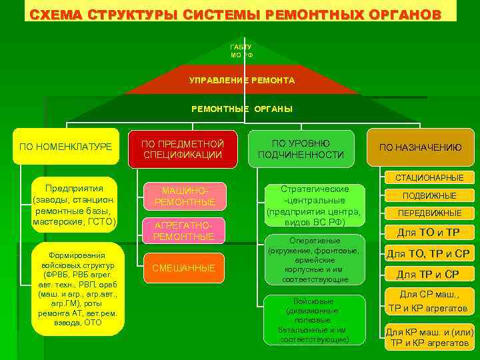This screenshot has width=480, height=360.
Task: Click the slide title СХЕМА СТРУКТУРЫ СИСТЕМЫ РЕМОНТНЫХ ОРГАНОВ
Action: [x=235, y=14]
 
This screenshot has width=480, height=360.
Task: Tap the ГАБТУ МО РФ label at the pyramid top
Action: [x=241, y=51]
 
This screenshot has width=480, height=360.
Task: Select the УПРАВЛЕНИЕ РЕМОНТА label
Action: [x=241, y=80]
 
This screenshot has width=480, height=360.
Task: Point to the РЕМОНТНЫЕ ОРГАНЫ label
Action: [x=241, y=109]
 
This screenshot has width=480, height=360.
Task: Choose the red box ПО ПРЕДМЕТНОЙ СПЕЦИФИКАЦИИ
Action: [x=183, y=149]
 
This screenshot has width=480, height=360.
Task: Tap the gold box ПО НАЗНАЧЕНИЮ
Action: [x=420, y=147]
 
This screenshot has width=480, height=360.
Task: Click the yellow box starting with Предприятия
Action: [x=74, y=205]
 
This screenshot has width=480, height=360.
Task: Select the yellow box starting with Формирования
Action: [x=77, y=288]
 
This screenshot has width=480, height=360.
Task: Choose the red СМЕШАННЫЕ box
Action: [x=183, y=268]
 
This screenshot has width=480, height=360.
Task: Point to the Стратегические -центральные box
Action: [x=314, y=205]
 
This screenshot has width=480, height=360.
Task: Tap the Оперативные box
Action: [x=313, y=260]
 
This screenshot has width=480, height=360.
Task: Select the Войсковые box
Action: [x=313, y=320]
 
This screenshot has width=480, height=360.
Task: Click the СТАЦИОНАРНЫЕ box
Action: [x=429, y=177]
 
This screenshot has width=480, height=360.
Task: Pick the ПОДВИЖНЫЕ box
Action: [x=429, y=195]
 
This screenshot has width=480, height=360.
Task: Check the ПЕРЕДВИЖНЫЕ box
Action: [x=429, y=213]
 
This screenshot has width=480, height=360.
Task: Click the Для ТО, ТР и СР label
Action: [x=429, y=254]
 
